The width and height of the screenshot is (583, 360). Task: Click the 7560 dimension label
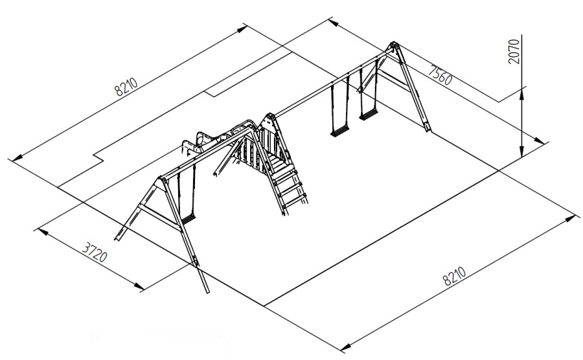click(440, 74)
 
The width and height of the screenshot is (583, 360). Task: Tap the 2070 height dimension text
click(514, 51)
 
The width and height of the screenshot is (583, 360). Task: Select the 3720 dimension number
click(95, 253)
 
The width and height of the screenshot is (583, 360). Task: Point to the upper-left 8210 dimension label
click(126, 87)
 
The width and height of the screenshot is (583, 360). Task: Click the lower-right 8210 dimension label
click(454, 276)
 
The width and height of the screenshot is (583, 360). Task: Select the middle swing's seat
click(340, 130)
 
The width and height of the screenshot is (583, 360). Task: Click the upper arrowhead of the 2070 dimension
click(522, 93)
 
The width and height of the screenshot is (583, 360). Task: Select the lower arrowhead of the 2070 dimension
click(522, 150)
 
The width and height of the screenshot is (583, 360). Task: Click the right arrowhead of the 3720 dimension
click(139, 286)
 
